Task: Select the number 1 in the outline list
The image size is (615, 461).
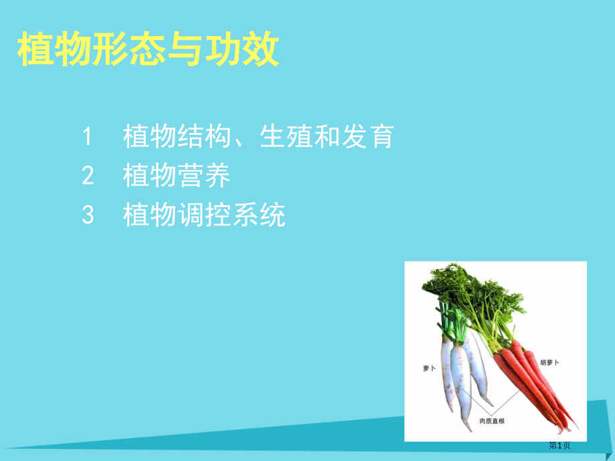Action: (88, 136)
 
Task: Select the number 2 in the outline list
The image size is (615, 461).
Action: (88, 176)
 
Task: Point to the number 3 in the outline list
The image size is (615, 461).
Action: (88, 215)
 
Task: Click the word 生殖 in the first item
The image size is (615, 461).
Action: (285, 136)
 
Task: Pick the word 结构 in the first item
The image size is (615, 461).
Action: (205, 136)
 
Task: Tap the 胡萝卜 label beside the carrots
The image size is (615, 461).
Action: (549, 362)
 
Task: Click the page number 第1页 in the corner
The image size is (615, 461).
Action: (560, 446)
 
